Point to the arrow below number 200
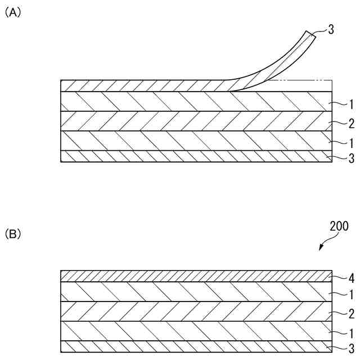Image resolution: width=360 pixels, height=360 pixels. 324,244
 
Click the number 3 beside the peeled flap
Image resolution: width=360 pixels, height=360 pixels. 331,30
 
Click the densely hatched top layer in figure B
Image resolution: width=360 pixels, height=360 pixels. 191,276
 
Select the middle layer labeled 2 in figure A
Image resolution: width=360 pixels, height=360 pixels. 191,121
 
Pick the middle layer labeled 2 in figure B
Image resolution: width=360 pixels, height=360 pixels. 191,311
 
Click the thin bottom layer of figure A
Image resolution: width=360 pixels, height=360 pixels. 191,156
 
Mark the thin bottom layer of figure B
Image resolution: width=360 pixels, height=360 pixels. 191,346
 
